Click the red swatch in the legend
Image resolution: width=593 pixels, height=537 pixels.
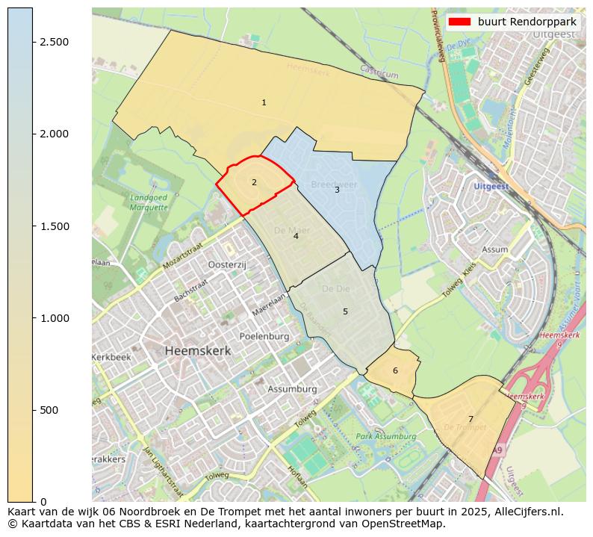point(459,22)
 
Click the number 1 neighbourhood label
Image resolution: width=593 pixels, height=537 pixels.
point(264,102)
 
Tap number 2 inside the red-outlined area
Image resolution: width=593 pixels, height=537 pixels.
point(254,182)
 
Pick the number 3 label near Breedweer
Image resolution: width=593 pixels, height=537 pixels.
point(337,190)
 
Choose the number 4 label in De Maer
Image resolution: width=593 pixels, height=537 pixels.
point(296,236)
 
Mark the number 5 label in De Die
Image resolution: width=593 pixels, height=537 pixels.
point(345,311)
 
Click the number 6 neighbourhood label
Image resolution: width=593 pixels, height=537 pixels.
point(395,371)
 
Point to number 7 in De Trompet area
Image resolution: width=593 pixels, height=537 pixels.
point(471,419)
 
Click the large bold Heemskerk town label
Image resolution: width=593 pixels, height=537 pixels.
point(198,350)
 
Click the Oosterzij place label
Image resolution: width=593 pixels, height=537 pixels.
point(227,265)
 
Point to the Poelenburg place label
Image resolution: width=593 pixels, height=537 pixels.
point(264,337)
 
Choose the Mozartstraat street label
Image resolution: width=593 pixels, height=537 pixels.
point(182,255)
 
